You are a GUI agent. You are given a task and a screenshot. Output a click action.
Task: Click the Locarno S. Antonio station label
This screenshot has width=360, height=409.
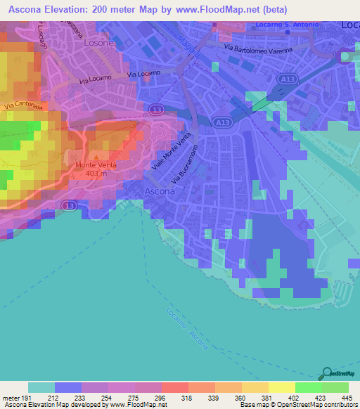[x=288, y=25]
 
